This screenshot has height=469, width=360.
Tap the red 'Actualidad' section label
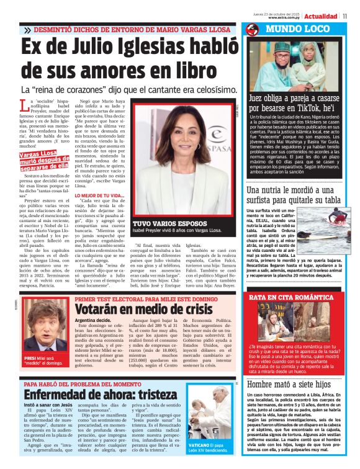[x=320, y=16]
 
